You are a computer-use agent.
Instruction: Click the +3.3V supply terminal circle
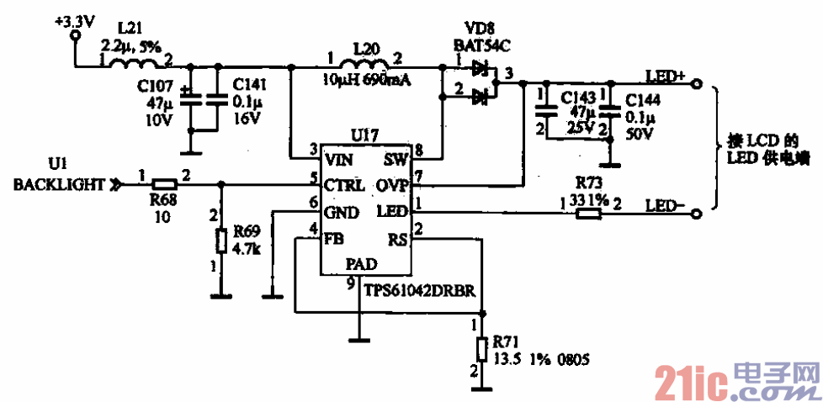tap(76, 36)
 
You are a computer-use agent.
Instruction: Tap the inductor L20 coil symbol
tap(364, 64)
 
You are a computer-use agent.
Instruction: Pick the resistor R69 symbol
tap(221, 241)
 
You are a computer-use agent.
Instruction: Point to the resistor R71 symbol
tap(481, 349)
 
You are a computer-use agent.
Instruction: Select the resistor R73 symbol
tap(589, 214)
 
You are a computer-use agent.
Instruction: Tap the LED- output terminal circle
tap(697, 214)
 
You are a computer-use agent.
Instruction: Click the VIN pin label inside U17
tap(339, 158)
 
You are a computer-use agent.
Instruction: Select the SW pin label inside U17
tap(395, 158)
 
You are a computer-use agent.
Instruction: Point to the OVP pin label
tap(391, 184)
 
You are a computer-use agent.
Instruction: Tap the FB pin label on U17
tap(334, 238)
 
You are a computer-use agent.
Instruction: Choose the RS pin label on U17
tap(396, 238)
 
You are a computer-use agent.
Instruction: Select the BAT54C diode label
tap(479, 43)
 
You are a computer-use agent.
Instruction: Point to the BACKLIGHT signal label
tap(59, 184)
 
